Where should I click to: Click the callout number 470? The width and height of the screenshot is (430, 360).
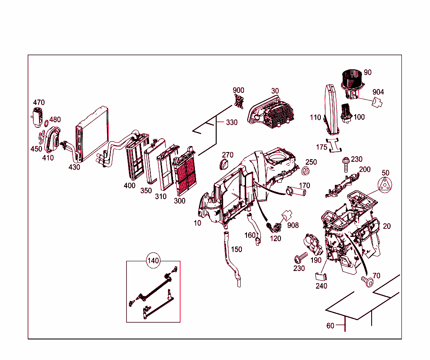coord(39,102)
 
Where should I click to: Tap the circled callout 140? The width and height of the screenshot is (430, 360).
coord(153,261)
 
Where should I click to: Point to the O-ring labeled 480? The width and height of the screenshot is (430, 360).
coord(45,124)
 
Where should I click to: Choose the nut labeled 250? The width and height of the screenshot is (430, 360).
coord(306,171)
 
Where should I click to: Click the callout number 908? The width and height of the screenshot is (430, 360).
coord(293,226)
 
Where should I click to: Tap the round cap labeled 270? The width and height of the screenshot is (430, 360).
coord(226,164)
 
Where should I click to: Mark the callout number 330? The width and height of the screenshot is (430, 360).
coord(231,123)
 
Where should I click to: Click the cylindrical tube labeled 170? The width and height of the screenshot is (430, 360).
coord(297,192)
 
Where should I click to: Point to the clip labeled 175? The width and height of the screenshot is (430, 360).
coord(335,144)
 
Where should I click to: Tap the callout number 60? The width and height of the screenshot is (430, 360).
coord(330,326)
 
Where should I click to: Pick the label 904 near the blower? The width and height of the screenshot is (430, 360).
coord(378,92)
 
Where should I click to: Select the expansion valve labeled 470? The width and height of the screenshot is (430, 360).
coord(37,116)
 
